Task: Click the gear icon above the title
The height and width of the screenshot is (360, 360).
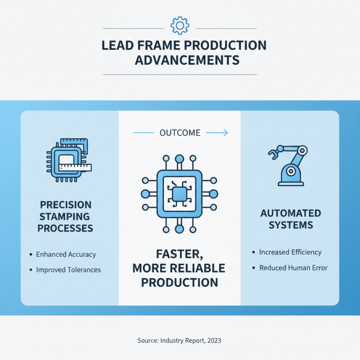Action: click(x=180, y=26)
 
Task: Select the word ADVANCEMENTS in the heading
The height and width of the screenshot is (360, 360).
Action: click(x=187, y=60)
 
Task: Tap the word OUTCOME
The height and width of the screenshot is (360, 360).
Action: click(x=180, y=133)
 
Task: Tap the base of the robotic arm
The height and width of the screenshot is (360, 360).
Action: click(x=291, y=184)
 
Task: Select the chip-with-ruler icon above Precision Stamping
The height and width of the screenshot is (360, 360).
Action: click(x=69, y=160)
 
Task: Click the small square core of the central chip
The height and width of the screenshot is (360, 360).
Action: click(x=180, y=194)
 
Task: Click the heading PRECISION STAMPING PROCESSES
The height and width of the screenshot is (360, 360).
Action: click(x=65, y=216)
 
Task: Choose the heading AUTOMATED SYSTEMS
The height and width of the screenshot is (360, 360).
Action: click(x=291, y=219)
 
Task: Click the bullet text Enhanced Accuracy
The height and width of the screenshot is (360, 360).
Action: click(x=66, y=254)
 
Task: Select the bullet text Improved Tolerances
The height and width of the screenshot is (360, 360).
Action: click(x=68, y=270)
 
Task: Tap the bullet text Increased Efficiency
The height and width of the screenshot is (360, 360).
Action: click(x=290, y=252)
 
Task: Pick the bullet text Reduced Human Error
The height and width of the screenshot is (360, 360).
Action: click(x=293, y=268)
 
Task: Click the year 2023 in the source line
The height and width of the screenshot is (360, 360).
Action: click(x=214, y=340)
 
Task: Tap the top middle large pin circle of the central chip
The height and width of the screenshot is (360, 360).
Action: click(x=180, y=159)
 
